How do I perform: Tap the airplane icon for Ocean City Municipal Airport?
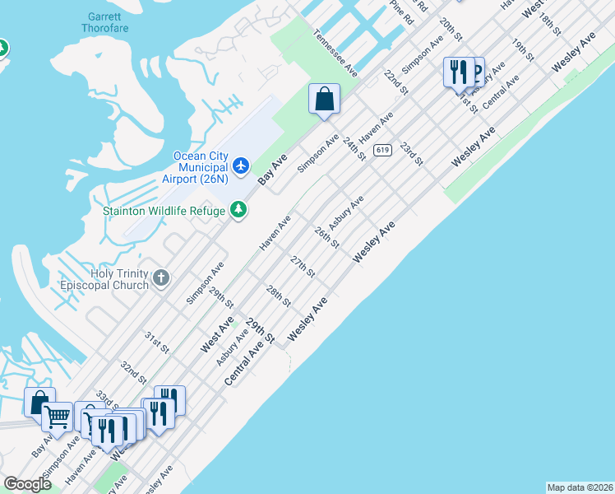(x=241, y=167)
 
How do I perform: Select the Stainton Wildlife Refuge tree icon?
(x=238, y=211)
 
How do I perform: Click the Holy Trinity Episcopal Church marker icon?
(x=161, y=278)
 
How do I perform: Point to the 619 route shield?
(x=381, y=150)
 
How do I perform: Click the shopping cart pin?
(x=57, y=417)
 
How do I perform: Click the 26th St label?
(x=326, y=238)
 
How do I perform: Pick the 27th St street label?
(x=303, y=267)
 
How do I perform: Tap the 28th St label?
(x=279, y=296)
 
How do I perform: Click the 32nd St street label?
(x=133, y=372)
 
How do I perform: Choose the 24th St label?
(x=354, y=149)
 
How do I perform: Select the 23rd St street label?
(x=411, y=153)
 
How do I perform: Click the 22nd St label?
(x=396, y=82)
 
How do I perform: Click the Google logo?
(x=28, y=484)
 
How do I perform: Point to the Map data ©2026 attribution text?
(x=579, y=487)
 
